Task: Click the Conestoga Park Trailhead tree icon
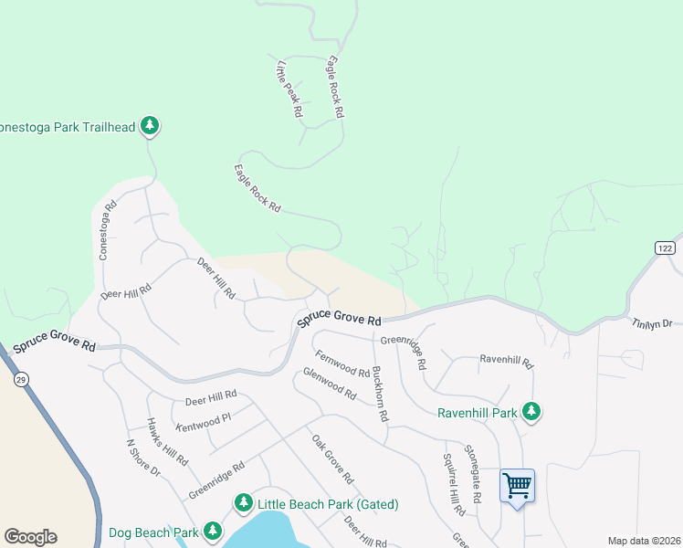point(152,126)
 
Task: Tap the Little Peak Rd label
point(289,89)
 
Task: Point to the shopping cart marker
point(517,484)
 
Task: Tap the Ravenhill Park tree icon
point(531,412)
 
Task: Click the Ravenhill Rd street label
point(506,361)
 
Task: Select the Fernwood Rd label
point(341,364)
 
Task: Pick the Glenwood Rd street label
point(330,384)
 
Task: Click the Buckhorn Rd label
point(379,395)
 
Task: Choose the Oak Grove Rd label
point(332,459)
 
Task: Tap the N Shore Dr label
point(142,459)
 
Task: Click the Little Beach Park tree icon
point(243,503)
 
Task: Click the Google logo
point(30,537)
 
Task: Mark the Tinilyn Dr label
point(652,322)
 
